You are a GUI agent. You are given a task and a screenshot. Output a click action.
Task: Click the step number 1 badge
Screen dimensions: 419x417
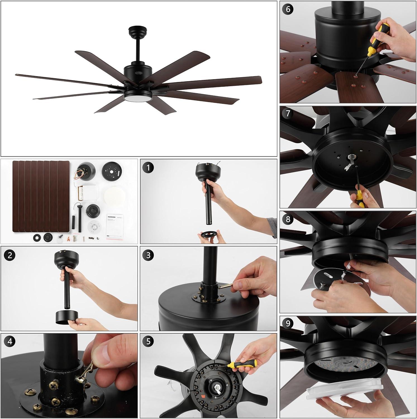148,168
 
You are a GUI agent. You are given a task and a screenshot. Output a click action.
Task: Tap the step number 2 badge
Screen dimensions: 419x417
10,255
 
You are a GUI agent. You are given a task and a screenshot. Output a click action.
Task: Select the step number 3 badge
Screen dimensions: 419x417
148,255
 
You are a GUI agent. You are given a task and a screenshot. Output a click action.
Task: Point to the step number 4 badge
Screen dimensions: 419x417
10,342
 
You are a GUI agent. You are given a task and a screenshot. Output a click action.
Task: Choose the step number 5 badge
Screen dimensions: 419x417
148,342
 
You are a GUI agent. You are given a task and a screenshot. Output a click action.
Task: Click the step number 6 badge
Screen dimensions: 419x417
288,9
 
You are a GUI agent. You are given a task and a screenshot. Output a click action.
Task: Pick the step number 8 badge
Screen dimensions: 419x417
288,219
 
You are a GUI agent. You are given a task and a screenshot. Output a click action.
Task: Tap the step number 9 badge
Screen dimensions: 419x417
288,324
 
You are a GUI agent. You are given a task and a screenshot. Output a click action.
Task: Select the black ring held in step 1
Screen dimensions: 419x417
208,233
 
